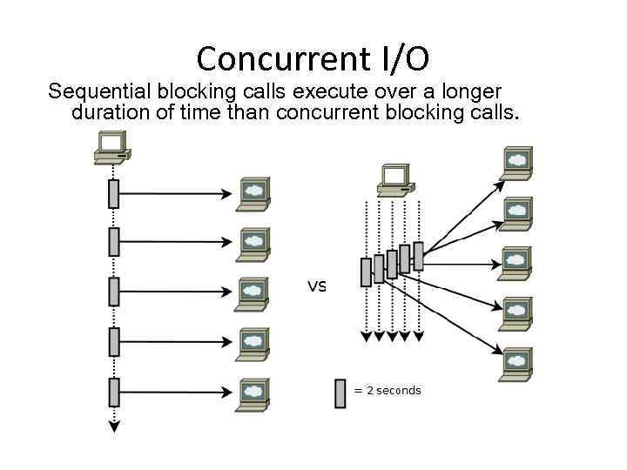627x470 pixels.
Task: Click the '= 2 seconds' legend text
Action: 387,391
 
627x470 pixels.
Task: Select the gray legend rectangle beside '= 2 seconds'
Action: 340,393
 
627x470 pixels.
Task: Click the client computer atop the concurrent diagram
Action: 395,178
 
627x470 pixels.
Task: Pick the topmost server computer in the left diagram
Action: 253,193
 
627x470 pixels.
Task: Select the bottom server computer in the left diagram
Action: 253,393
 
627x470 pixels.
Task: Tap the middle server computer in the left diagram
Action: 253,293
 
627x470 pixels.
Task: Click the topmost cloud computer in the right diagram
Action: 516,163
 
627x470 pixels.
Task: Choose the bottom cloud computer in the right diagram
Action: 516,364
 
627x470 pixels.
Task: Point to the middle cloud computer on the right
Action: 516,263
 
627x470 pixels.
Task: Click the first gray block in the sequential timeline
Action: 113,193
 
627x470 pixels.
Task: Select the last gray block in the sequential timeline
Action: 113,393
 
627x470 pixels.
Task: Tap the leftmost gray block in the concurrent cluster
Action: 366,272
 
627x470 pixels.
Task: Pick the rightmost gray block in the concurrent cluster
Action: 418,256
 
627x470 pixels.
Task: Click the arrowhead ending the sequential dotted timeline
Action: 113,426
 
